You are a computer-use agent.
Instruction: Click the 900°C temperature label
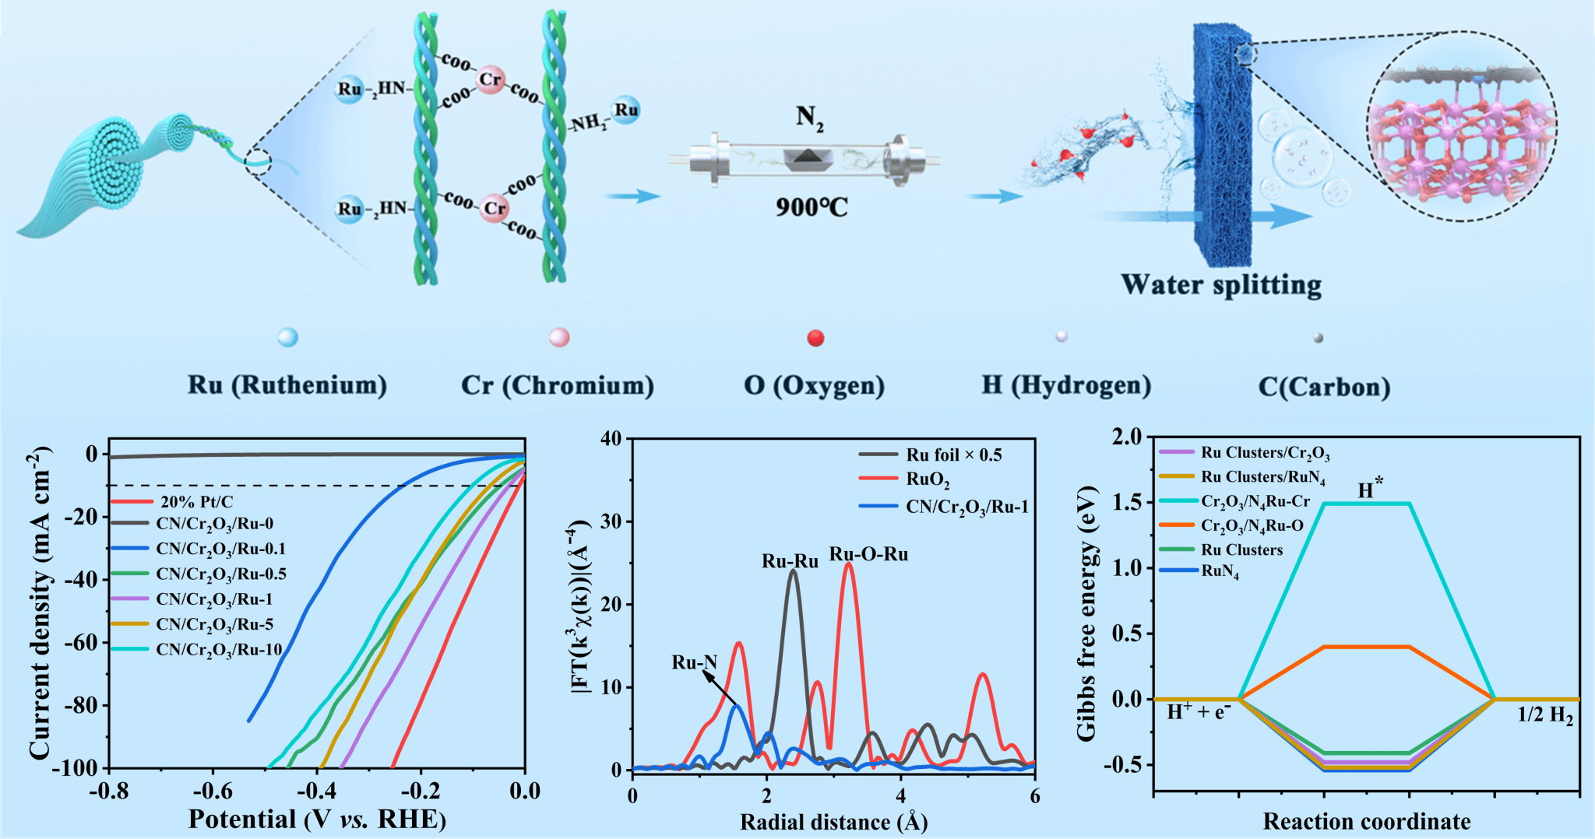pos(811,208)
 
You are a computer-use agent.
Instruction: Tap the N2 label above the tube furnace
pos(809,118)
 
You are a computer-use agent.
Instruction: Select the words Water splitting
pos(1220,285)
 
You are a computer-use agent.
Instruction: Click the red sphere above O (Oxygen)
pos(815,338)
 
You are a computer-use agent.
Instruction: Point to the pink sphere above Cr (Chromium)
pos(559,337)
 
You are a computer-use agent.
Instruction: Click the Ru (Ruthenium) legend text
pos(287,385)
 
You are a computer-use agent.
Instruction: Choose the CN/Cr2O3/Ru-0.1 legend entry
pos(220,549)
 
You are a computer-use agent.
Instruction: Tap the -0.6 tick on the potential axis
pos(213,792)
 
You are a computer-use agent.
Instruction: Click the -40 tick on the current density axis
pos(81,580)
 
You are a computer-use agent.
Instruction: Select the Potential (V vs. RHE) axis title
pos(317,820)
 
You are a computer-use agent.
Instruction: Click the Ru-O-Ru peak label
pos(868,554)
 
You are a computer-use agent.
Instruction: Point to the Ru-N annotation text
pos(694,662)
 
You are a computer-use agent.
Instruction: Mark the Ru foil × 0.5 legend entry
pos(953,455)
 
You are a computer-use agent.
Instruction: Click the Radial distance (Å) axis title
pos(833,822)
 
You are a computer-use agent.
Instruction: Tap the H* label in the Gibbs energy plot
pos(1370,489)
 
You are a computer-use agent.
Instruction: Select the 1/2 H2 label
pos(1544,715)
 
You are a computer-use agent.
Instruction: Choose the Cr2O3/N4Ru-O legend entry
pos(1252,526)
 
